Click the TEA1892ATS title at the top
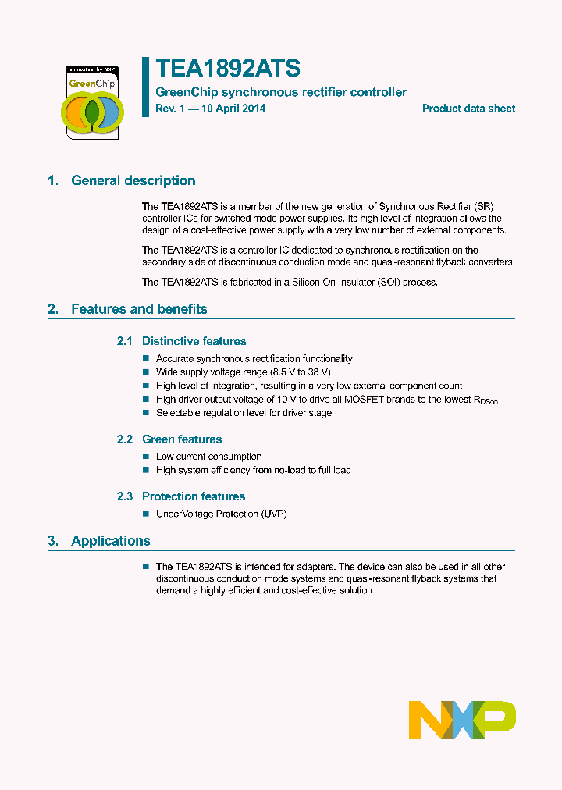point(227,69)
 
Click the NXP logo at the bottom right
point(462,719)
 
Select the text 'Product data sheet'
point(468,109)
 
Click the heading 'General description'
point(133,181)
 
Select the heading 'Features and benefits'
point(139,309)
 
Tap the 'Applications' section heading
point(110,541)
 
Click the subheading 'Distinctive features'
point(194,341)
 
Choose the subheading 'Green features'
point(182,439)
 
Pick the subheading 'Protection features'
point(193,496)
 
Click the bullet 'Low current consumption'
point(208,457)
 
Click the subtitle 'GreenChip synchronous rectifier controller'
point(281,92)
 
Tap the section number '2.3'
point(125,496)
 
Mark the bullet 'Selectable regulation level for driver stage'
point(244,413)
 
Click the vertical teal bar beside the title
point(145,87)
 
